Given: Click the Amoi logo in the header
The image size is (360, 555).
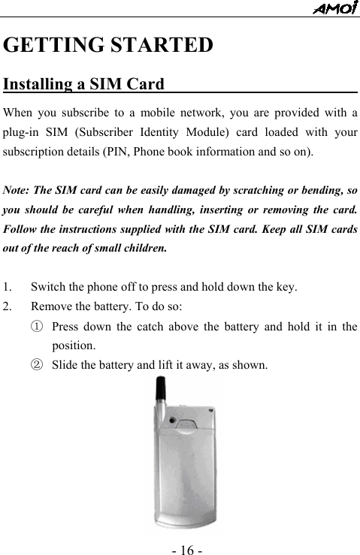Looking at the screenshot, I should (x=335, y=8).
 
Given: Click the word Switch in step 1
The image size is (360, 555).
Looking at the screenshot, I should (x=47, y=287).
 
